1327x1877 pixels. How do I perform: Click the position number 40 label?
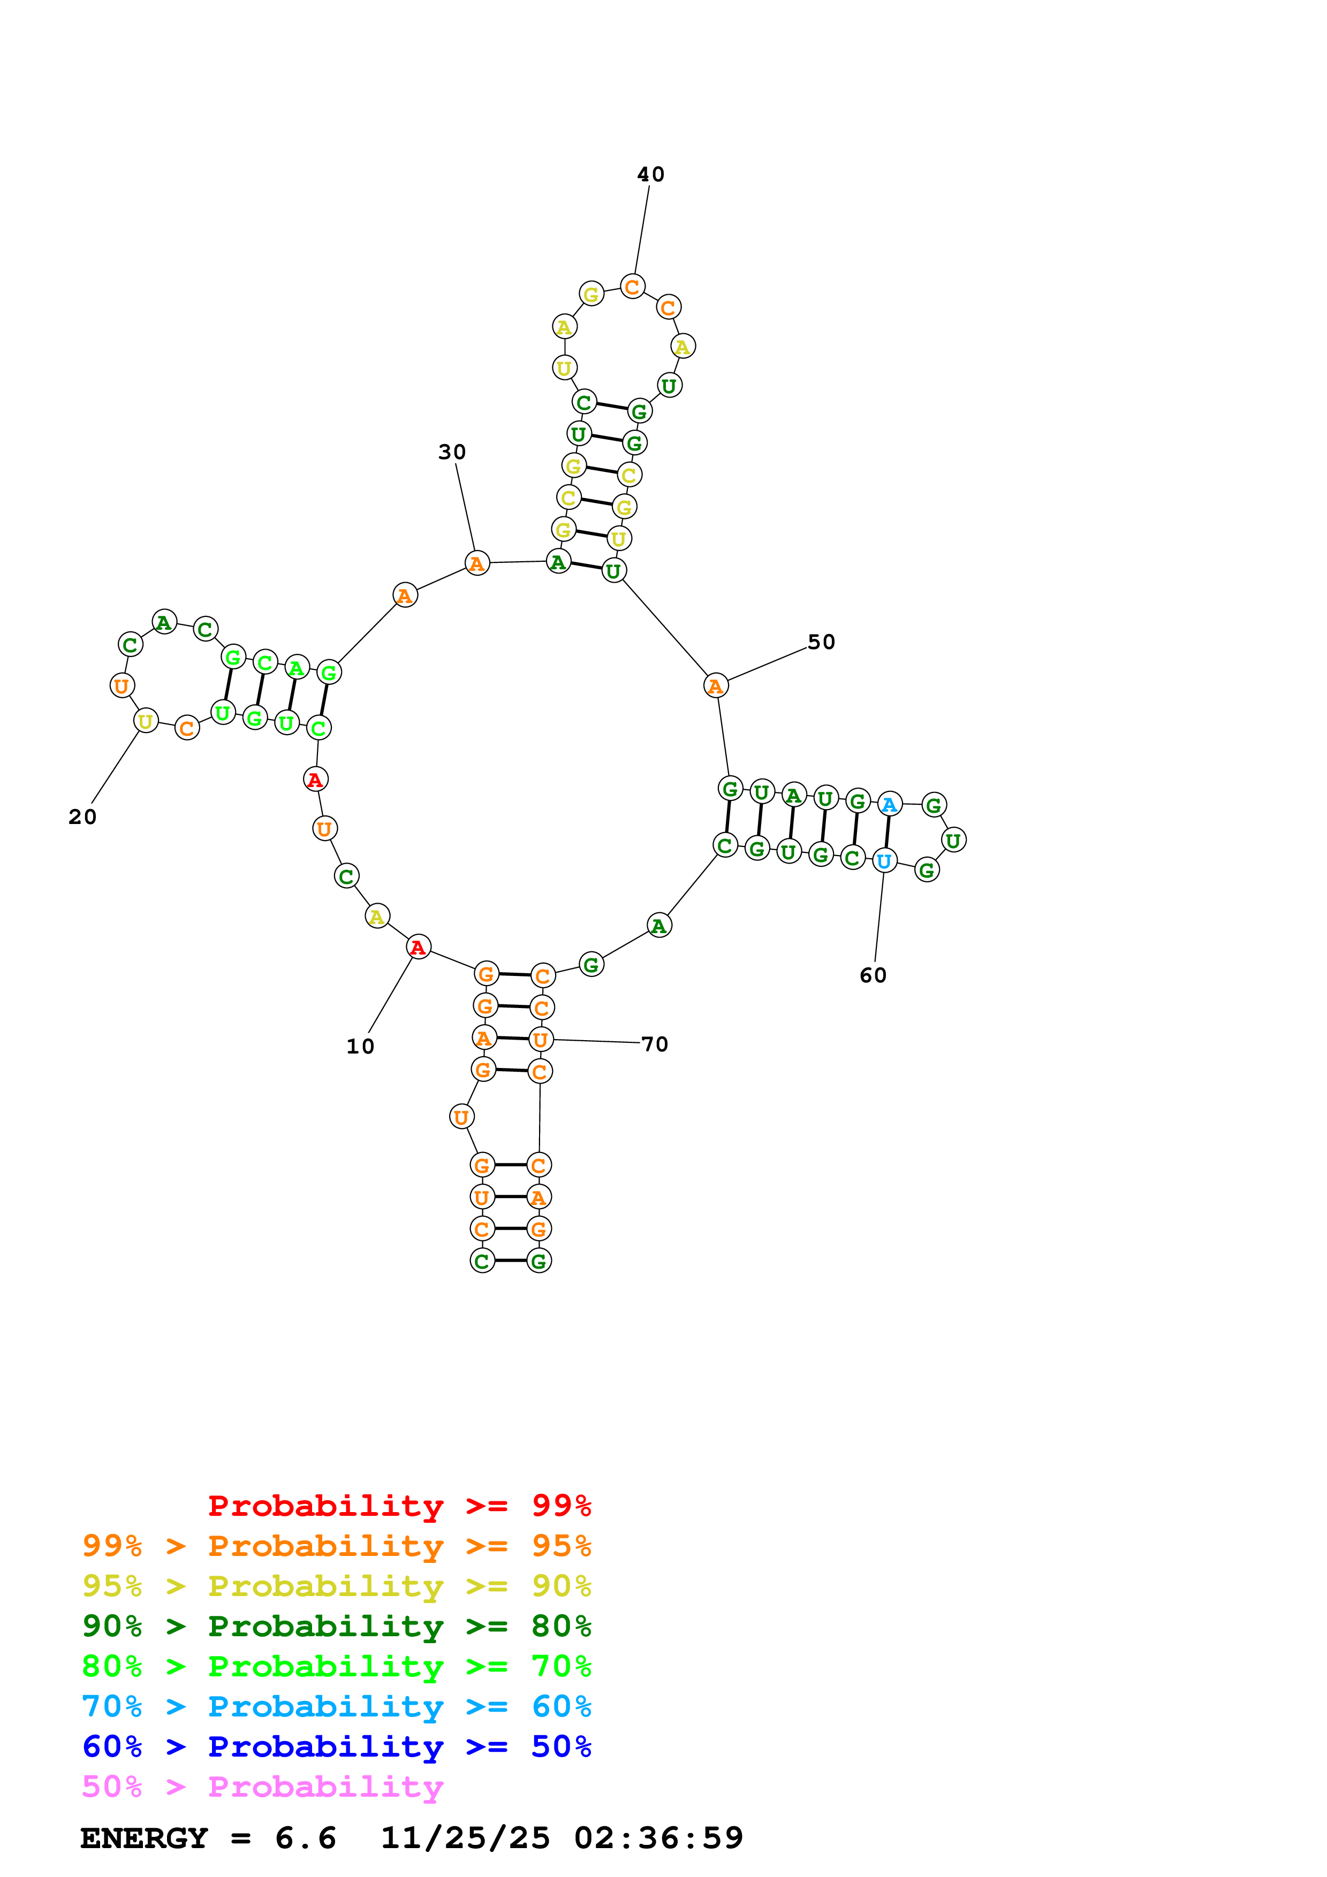pos(651,174)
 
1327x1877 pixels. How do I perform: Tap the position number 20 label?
pos(82,817)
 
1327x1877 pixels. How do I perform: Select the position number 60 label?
pos(873,975)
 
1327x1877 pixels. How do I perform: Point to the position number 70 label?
pos(655,1044)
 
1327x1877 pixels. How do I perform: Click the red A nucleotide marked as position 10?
pos(418,947)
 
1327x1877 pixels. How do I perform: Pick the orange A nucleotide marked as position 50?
pos(715,686)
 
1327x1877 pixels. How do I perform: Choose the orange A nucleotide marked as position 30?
pos(476,563)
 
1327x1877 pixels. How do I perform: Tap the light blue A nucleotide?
pos(890,804)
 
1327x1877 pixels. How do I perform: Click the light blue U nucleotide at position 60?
pos(884,861)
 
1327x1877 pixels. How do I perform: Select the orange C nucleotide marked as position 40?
pos(632,287)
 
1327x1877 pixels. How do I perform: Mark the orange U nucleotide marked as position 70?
pos(541,1040)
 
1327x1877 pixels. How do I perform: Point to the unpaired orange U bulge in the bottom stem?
pos(461,1117)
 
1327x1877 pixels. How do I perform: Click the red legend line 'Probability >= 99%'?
pos(399,1506)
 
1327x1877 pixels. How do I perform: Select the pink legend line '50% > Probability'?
pos(262,1787)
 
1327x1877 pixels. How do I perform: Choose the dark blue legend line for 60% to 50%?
pos(336,1747)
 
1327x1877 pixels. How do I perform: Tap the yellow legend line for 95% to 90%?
pos(336,1586)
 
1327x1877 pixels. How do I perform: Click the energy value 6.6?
pos(305,1838)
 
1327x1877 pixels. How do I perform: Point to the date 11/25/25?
pos(465,1838)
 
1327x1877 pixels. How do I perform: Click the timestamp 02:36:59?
pos(658,1838)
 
